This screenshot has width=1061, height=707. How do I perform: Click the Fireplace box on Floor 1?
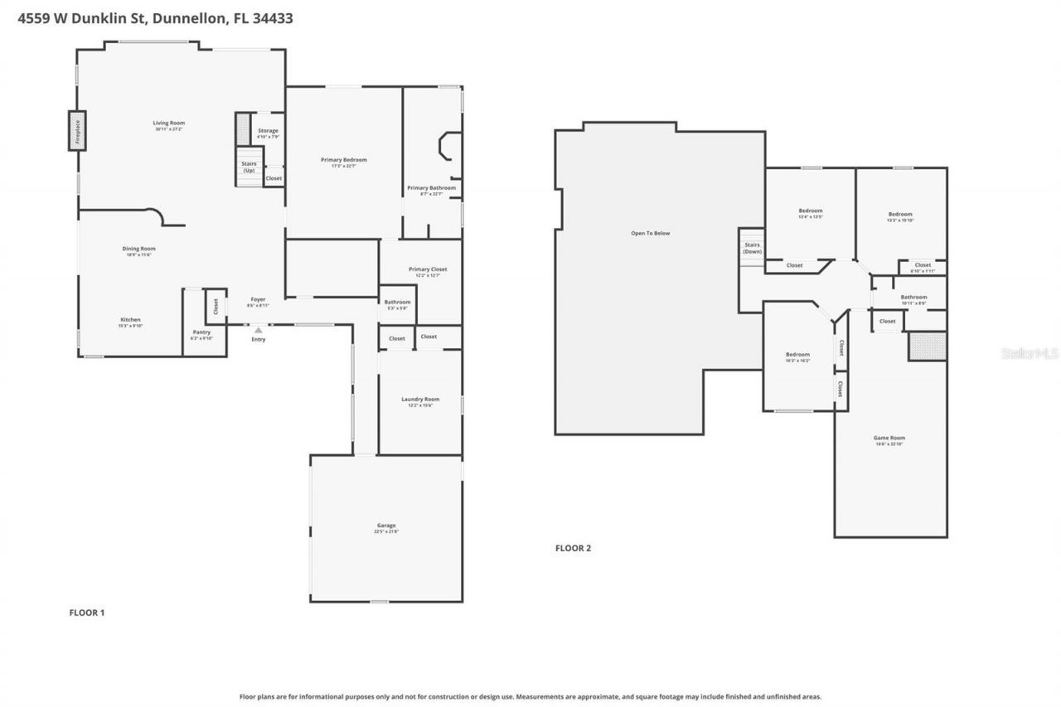click(x=76, y=131)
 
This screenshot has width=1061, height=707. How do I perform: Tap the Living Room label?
click(x=168, y=123)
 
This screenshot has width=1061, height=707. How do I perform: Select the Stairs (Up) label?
click(x=249, y=167)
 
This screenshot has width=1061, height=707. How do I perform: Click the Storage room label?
click(x=268, y=131)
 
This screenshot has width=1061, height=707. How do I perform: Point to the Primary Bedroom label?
click(x=343, y=160)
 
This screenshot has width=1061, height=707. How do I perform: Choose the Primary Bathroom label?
click(x=431, y=188)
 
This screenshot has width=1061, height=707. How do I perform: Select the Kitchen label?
click(x=130, y=320)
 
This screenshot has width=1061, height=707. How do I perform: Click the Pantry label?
click(x=201, y=332)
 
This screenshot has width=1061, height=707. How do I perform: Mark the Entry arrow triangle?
click(x=259, y=330)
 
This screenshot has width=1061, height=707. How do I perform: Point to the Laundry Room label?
click(x=420, y=400)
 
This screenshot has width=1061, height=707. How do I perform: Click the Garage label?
click(x=386, y=525)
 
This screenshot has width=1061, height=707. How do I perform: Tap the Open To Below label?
click(x=650, y=233)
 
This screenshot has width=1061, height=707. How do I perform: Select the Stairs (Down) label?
click(x=752, y=248)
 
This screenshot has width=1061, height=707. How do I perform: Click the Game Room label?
click(x=889, y=438)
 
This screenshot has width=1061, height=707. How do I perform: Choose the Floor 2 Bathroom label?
click(x=913, y=297)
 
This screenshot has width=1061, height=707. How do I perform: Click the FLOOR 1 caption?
click(x=86, y=613)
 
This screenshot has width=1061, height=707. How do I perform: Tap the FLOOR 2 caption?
click(x=573, y=548)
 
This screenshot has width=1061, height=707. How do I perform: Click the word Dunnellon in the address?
click(x=191, y=18)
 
